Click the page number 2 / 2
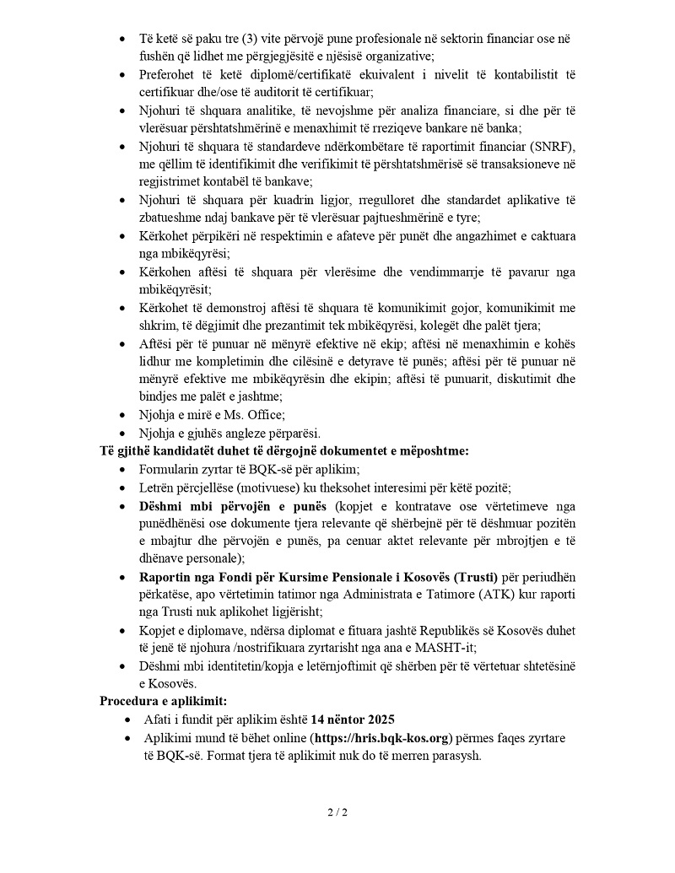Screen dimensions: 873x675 click(337, 813)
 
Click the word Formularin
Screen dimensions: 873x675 click(170, 469)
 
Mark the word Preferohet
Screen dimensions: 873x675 click(171, 74)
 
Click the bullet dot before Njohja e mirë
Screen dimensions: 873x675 click(124, 415)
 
